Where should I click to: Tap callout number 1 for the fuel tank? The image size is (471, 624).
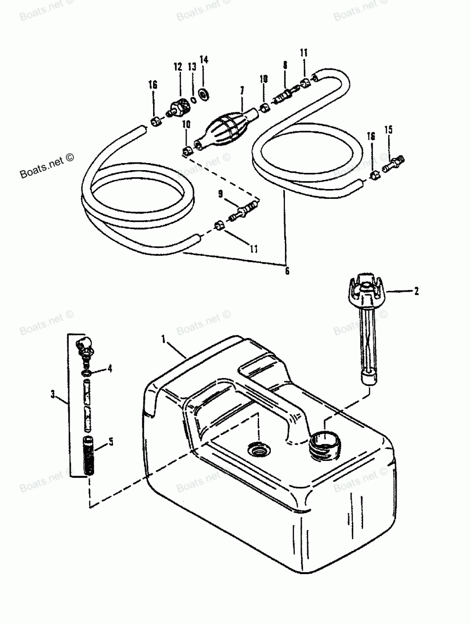click(163, 339)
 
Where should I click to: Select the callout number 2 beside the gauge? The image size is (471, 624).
click(416, 292)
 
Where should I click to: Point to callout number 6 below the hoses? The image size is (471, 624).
click(287, 271)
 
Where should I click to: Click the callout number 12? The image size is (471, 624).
click(178, 67)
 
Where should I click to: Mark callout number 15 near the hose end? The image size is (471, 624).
click(388, 129)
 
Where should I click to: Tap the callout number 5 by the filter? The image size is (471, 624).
click(111, 442)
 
